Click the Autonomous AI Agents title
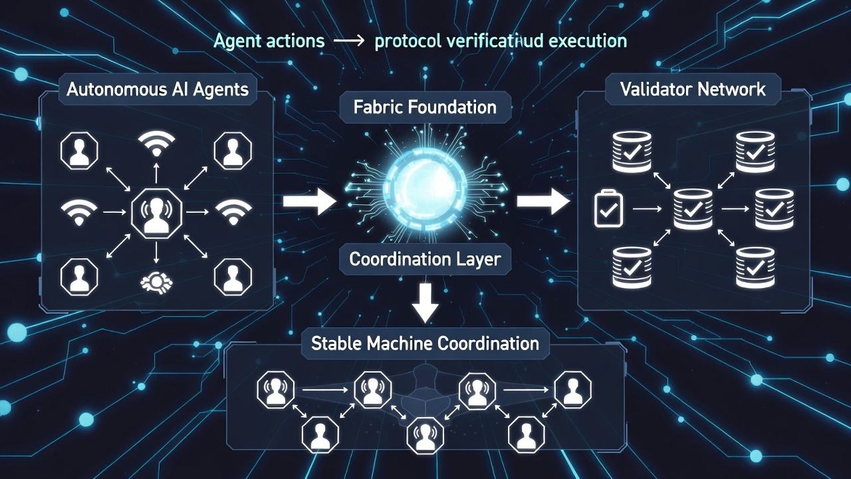[x=158, y=89]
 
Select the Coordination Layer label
[x=425, y=259]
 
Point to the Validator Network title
[x=693, y=89]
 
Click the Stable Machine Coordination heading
[x=425, y=344]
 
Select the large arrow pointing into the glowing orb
[x=309, y=202]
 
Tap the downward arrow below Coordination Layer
[x=425, y=303]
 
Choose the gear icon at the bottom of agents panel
[x=156, y=282]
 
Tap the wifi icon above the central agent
[x=156, y=143]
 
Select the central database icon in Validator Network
[x=693, y=209]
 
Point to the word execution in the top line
[x=584, y=41]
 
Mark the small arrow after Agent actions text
[x=349, y=42]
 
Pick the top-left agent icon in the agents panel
[x=79, y=150]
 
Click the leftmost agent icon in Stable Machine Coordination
[x=276, y=391]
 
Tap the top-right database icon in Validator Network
[x=755, y=150]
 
